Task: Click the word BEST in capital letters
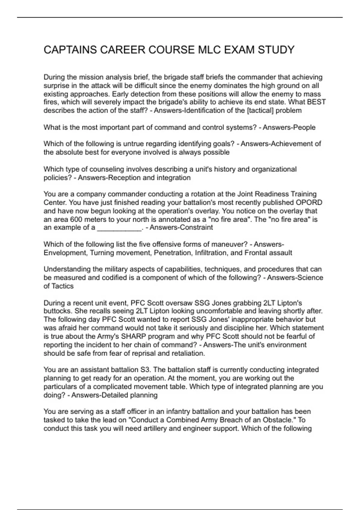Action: click(316, 102)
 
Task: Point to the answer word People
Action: click(304, 127)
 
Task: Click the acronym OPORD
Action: click(309, 202)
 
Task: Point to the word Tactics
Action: click(62, 286)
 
